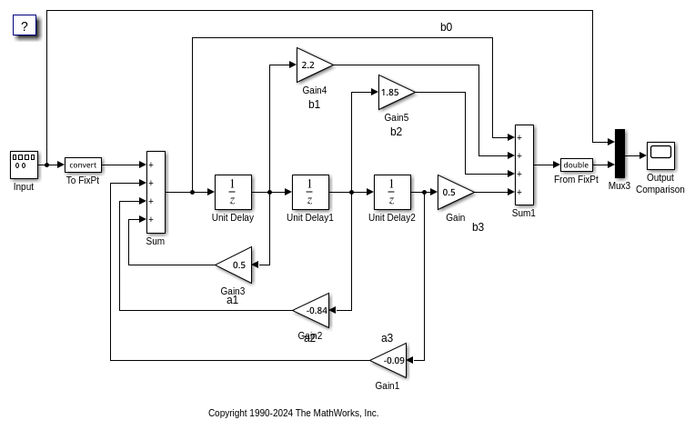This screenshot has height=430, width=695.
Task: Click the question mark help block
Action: [x=25, y=25]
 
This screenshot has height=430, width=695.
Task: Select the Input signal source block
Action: [x=24, y=165]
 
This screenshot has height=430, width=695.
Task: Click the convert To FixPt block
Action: [x=83, y=165]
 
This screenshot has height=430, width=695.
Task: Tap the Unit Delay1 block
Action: [x=310, y=192]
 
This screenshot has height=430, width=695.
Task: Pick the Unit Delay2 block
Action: [x=392, y=192]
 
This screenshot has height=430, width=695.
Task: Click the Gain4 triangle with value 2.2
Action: [x=312, y=65]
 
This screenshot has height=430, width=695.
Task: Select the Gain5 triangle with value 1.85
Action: [x=394, y=92]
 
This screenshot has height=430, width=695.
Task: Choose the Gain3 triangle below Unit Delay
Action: [x=236, y=265]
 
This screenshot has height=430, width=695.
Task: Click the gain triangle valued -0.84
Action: [x=313, y=310]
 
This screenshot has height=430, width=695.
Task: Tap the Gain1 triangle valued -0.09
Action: [x=390, y=360]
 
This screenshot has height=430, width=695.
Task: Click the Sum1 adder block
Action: [x=524, y=165]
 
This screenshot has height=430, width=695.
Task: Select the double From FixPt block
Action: [x=576, y=165]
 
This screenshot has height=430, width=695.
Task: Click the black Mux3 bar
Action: [x=619, y=154]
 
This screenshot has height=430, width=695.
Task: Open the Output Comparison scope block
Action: [x=660, y=155]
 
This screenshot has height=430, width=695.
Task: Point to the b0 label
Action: [x=446, y=27]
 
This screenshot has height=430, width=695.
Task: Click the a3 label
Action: [x=387, y=338]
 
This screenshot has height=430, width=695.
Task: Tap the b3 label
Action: [x=478, y=227]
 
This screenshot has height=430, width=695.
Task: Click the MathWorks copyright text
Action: [x=293, y=413]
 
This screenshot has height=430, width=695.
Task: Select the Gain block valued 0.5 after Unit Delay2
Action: [x=453, y=192]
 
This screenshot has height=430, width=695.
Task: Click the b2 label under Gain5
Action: [x=396, y=132]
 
